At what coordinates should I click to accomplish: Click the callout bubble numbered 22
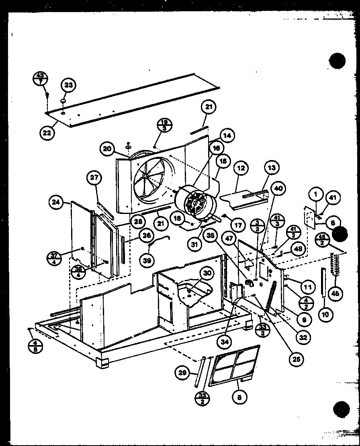click(x=47, y=133)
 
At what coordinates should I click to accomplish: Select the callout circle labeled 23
click(x=68, y=85)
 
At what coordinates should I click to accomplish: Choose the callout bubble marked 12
click(x=241, y=169)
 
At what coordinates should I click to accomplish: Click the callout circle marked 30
click(x=207, y=273)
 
